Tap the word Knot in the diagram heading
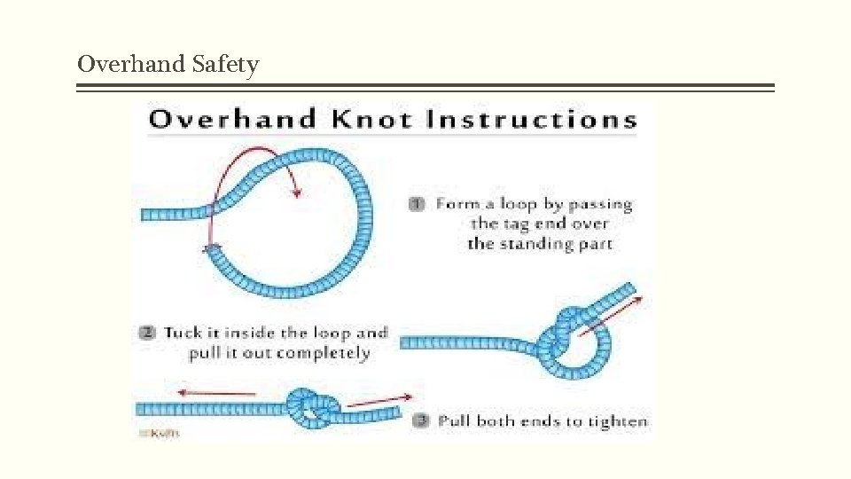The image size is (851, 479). [x=371, y=119]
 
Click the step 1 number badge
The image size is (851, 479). [x=415, y=204]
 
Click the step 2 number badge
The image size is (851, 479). [x=147, y=334]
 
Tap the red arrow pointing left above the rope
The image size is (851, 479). [x=216, y=392]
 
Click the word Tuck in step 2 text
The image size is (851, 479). [x=183, y=334]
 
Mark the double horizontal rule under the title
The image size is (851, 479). [x=425, y=88]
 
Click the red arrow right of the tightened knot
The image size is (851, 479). [x=379, y=400]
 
